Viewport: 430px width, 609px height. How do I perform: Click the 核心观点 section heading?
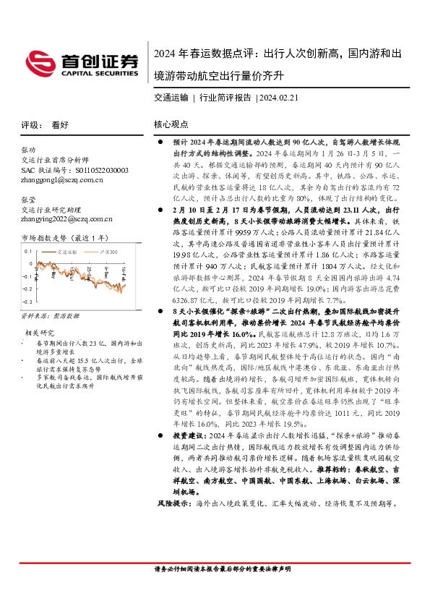[x=171, y=124]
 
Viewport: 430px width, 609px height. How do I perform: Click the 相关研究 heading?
[x=37, y=332]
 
